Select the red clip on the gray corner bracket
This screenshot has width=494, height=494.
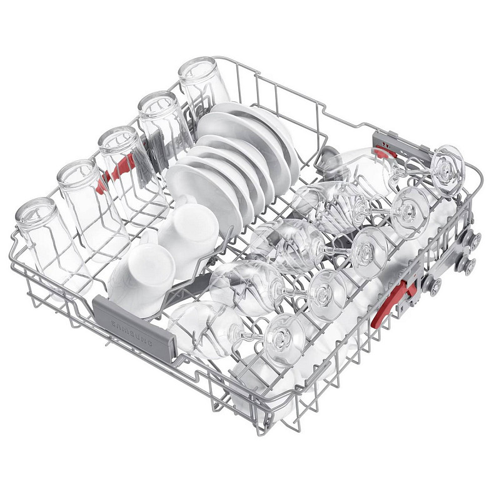(x=385, y=153)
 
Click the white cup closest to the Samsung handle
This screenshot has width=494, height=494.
(x=142, y=277)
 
